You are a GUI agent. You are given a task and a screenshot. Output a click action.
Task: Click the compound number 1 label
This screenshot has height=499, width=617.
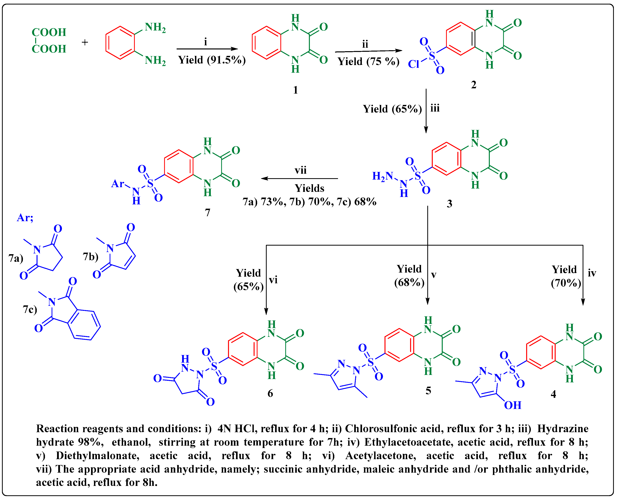pyautogui.click(x=295, y=90)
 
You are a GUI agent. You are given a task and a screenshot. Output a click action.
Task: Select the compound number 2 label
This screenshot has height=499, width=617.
pyautogui.click(x=473, y=85)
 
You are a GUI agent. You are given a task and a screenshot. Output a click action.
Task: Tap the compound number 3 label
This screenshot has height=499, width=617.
pyautogui.click(x=449, y=204)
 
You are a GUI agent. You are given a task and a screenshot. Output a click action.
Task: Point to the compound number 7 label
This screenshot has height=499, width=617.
pyautogui.click(x=207, y=212)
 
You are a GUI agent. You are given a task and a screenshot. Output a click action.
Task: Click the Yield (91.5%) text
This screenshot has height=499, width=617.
pyautogui.click(x=212, y=60)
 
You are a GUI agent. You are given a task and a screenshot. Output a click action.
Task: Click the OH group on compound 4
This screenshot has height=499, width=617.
pyautogui.click(x=512, y=405)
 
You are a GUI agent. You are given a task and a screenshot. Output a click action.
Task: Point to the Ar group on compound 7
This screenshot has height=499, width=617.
pyautogui.click(x=118, y=183)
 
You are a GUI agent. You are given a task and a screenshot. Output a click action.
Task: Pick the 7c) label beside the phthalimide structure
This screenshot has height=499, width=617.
pyautogui.click(x=30, y=309)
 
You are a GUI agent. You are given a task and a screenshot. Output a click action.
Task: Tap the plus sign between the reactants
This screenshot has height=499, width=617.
pyautogui.click(x=85, y=43)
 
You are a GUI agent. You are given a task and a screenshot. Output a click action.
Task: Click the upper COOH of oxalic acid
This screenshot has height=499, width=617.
pyautogui.click(x=49, y=32)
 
